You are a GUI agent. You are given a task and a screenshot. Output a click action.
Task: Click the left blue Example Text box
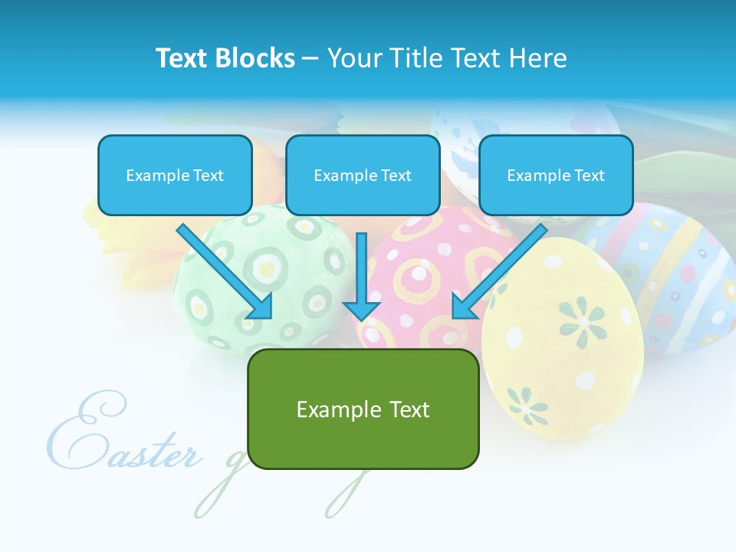(x=175, y=176)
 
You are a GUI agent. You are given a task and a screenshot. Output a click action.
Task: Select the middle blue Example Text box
(x=363, y=176)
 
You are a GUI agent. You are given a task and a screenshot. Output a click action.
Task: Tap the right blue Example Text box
(x=556, y=176)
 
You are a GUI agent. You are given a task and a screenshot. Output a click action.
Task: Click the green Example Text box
(x=363, y=409)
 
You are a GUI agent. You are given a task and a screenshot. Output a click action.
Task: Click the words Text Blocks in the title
(x=225, y=58)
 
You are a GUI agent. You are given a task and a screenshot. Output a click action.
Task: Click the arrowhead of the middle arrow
(x=361, y=310)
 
